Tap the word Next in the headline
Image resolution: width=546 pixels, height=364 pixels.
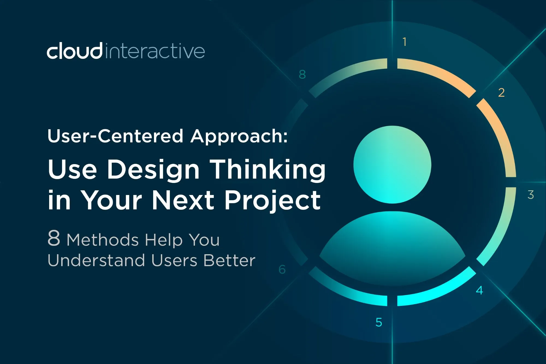183,200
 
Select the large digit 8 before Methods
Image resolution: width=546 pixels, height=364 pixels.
54,238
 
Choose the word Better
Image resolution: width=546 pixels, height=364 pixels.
229,260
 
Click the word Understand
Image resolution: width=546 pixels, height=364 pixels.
96,260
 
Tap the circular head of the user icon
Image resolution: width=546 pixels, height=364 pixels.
392,164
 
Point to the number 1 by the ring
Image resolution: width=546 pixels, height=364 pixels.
405,42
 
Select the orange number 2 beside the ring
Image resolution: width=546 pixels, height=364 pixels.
501,93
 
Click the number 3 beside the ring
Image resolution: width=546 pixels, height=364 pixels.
531,195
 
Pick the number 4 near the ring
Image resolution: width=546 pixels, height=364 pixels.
479,290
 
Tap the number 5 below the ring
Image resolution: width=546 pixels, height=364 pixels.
379,322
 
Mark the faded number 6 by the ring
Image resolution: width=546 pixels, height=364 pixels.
282,270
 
